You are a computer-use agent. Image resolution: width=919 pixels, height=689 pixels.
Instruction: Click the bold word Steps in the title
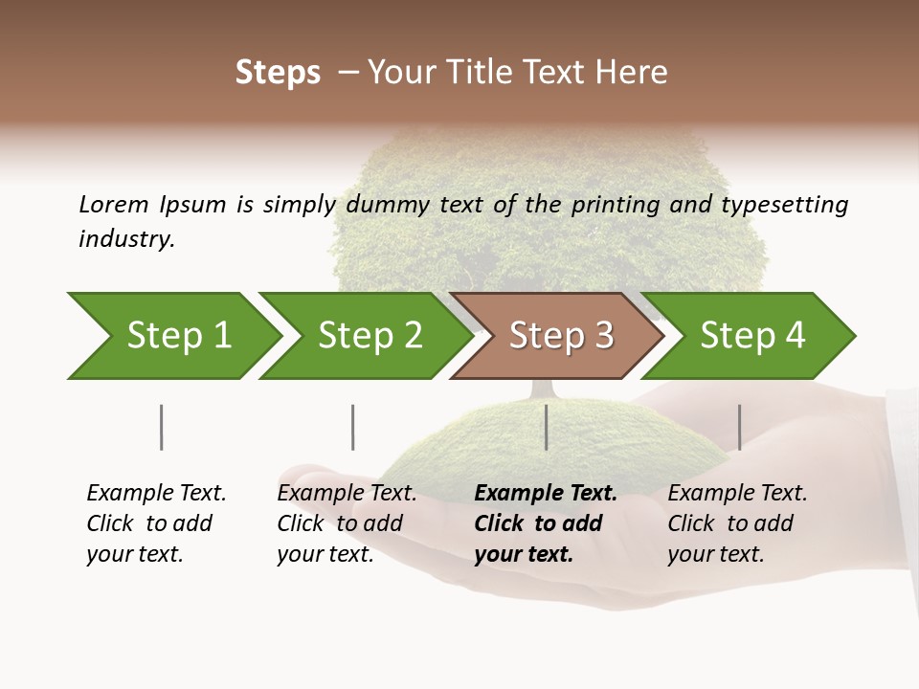pyautogui.click(x=278, y=73)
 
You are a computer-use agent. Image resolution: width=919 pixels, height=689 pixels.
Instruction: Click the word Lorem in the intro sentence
pyautogui.click(x=114, y=204)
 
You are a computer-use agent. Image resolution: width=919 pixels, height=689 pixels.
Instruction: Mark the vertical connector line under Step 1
pyautogui.click(x=161, y=427)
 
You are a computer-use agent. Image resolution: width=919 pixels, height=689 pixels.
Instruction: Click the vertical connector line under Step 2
pyautogui.click(x=352, y=427)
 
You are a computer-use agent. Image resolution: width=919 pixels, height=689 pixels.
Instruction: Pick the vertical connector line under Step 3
pyautogui.click(x=546, y=427)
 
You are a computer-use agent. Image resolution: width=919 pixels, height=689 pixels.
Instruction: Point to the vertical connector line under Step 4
pyautogui.click(x=739, y=427)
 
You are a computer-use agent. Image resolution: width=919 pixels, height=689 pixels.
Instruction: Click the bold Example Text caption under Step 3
pyautogui.click(x=546, y=523)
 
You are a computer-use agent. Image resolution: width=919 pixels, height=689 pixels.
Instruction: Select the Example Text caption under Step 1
pyautogui.click(x=156, y=523)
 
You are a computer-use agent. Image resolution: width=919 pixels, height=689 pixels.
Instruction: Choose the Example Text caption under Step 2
pyautogui.click(x=347, y=523)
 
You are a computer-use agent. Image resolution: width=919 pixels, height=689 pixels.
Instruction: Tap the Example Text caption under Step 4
pyautogui.click(x=737, y=523)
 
